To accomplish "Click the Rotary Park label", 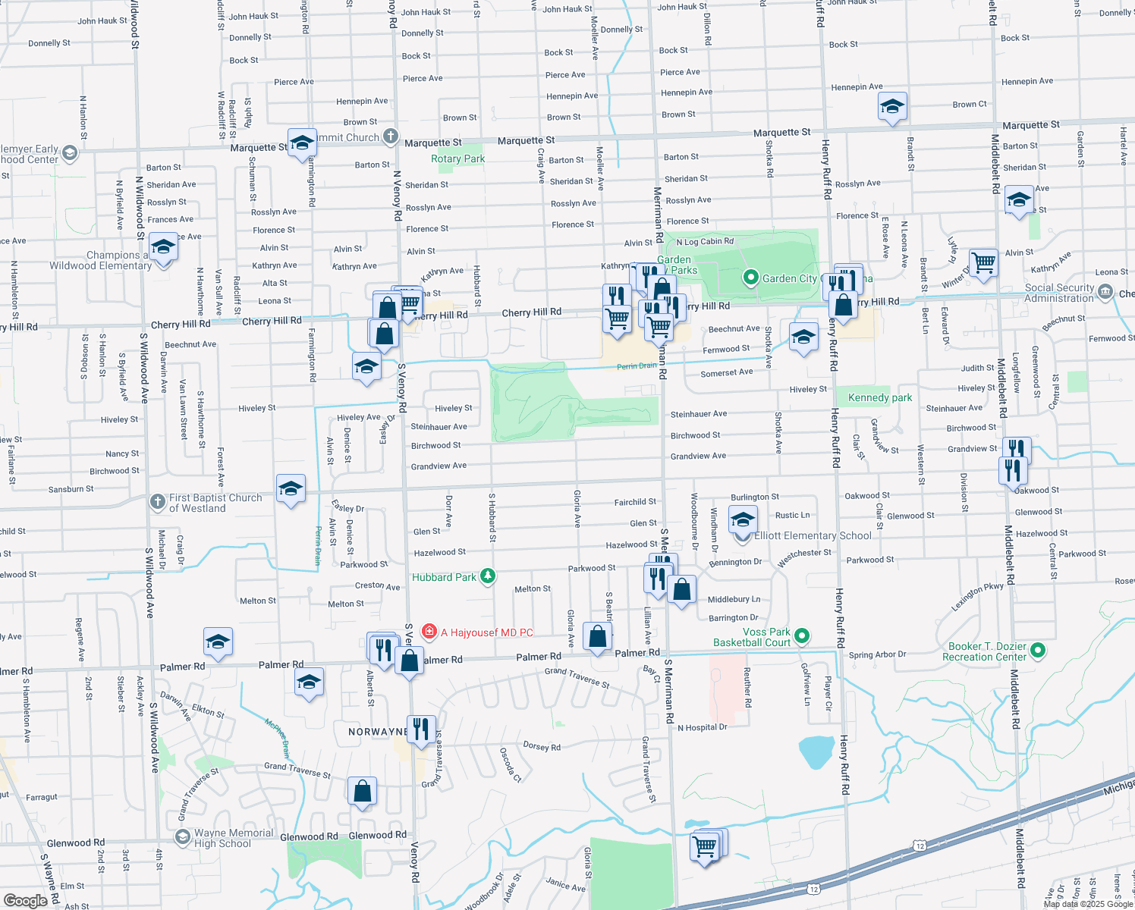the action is tap(457, 158).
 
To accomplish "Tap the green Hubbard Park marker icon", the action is tap(488, 576).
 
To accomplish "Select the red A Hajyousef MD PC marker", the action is tap(429, 631).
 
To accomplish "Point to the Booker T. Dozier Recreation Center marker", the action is tap(1039, 650).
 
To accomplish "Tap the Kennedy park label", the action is tap(880, 397).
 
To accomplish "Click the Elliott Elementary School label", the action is tap(813, 535).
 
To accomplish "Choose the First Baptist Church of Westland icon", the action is tap(157, 501).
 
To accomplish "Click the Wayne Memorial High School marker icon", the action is tap(182, 836).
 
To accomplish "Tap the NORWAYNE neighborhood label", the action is tap(378, 732).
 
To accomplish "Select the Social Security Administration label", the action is tap(1059, 293).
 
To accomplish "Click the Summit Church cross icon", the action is tap(390, 136).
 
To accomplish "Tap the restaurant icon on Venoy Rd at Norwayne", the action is tap(421, 729).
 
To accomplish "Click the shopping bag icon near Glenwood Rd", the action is tap(363, 791).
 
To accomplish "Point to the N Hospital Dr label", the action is tap(702, 727).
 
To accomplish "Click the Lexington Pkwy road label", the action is tap(977, 597).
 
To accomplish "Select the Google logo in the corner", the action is tap(25, 900).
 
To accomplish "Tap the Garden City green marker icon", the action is tap(750, 278).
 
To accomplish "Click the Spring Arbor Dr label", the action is tap(877, 654).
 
